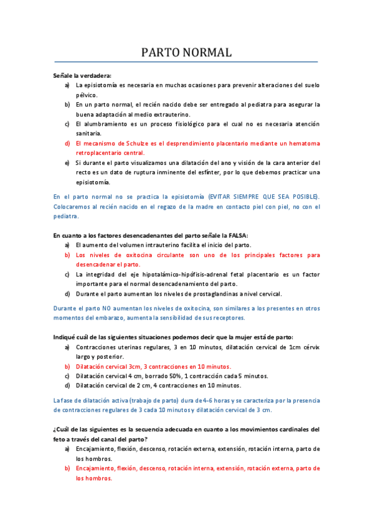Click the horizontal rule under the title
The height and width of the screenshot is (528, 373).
pos(186,62)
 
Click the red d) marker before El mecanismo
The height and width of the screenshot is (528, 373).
pos(67,143)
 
